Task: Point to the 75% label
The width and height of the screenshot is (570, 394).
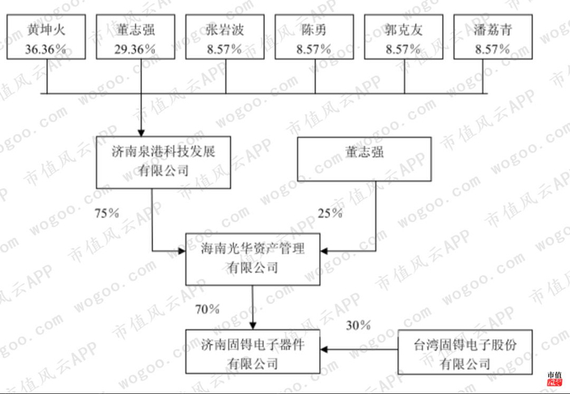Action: pyautogui.click(x=107, y=213)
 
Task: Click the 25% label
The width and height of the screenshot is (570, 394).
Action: pyautogui.click(x=328, y=213)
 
